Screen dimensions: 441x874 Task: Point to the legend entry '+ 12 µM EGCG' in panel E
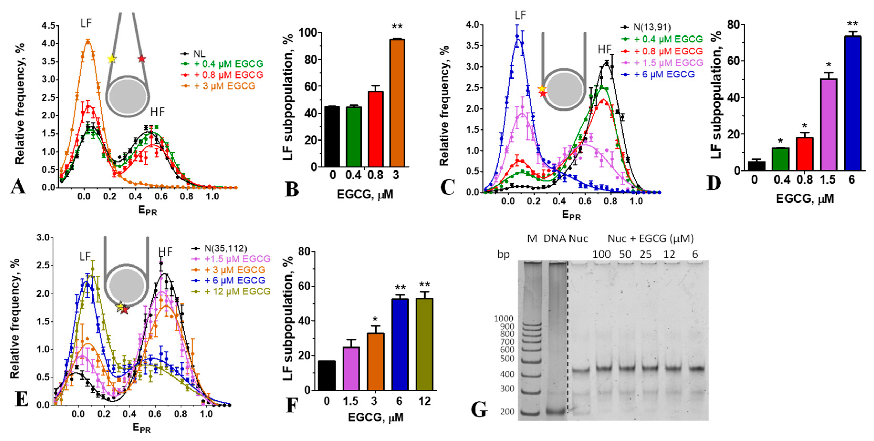click(237, 291)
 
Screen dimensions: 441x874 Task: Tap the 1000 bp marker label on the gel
click(504, 318)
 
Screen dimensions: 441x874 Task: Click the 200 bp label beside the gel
click(507, 412)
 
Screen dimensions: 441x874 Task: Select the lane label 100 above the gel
click(601, 254)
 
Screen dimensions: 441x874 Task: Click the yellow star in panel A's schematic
click(112, 59)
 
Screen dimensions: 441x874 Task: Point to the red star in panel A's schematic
click(142, 59)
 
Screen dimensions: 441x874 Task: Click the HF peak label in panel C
click(604, 50)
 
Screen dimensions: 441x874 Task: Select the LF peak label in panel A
click(86, 23)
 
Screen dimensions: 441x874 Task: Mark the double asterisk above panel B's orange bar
click(397, 27)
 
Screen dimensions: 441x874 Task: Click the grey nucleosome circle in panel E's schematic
click(126, 284)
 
